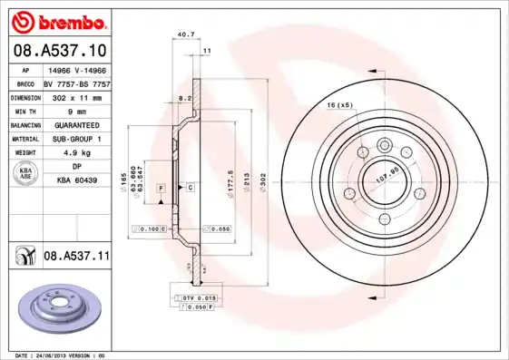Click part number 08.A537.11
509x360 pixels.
click(x=76, y=257)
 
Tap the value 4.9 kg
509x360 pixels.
click(x=76, y=153)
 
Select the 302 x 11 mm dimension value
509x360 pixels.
click(x=76, y=96)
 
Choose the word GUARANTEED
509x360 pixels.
click(x=76, y=124)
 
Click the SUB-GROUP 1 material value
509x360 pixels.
click(x=76, y=139)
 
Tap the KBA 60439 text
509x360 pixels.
click(x=76, y=181)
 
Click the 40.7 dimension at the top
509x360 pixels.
click(x=186, y=34)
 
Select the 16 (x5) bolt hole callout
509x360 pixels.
click(x=339, y=106)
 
